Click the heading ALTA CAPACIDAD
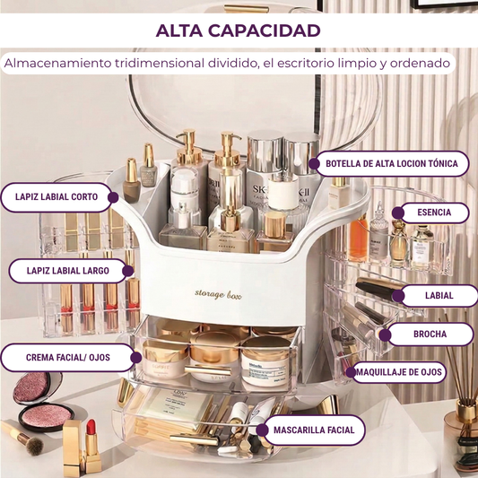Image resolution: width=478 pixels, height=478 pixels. point(238,30)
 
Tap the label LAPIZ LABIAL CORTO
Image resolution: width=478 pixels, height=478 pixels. point(56,197)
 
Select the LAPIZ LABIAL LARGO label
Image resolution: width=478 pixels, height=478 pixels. point(67,271)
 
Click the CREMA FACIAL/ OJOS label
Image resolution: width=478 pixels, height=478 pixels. point(67,357)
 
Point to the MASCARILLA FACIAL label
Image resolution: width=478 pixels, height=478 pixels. point(314,430)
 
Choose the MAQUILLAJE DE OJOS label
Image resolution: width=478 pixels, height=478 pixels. point(399,372)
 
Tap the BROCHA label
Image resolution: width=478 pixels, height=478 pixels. point(430,335)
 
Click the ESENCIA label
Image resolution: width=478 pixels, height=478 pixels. point(434,213)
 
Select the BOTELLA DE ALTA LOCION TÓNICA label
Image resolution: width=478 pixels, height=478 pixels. point(392,164)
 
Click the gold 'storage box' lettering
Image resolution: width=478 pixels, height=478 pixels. point(218,294)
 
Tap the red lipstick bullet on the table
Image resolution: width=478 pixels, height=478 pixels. point(91,428)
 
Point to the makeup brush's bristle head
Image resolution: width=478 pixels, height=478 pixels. point(33,446)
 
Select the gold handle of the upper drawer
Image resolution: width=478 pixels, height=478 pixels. point(208,370)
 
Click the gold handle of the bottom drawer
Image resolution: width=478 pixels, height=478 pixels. point(195,439)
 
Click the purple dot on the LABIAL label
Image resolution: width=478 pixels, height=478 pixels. point(398,296)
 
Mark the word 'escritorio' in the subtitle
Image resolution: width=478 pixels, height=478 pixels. point(306,64)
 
